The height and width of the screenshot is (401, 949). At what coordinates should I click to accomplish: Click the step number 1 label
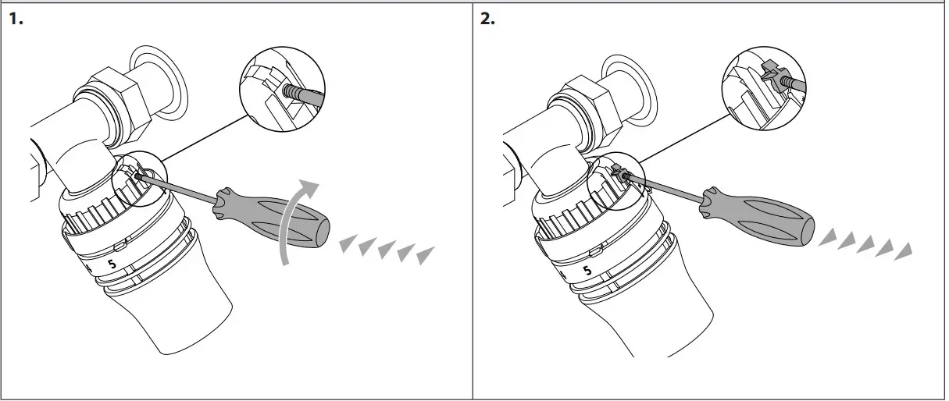[16, 20]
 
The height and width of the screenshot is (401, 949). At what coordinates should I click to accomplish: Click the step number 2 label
[487, 20]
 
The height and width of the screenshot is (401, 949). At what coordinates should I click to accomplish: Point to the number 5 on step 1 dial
[111, 265]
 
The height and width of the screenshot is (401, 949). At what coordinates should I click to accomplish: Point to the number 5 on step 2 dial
[587, 271]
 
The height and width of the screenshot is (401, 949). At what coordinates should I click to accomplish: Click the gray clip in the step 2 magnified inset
[769, 79]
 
